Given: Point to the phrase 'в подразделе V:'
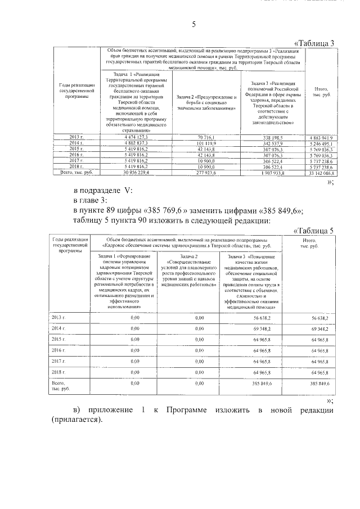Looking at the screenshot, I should (105, 190).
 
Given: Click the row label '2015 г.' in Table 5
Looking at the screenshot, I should (58, 339).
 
